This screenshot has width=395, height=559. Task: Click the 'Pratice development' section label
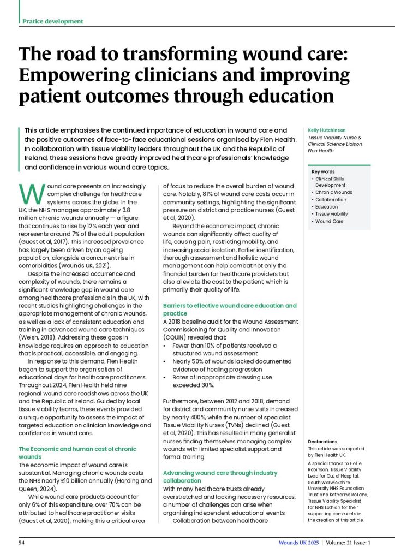(53, 21)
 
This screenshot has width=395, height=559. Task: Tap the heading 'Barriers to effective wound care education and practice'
(230, 310)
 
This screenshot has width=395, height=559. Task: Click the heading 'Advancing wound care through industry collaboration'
(220, 477)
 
